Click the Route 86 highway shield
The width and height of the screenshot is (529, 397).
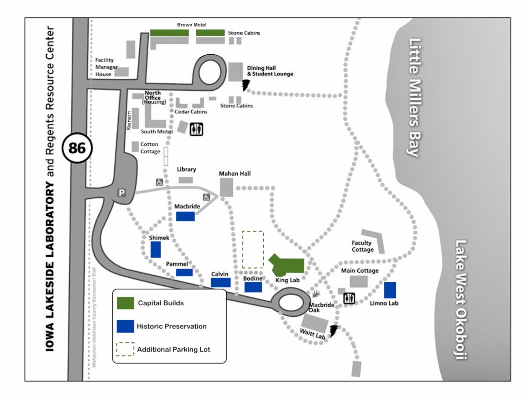(77, 148)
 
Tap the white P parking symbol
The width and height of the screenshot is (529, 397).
(122, 193)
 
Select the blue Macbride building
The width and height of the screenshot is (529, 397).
(185, 216)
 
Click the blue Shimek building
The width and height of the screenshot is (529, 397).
(156, 250)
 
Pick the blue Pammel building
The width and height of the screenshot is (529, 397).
(184, 272)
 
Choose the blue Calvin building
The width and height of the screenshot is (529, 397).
(220, 282)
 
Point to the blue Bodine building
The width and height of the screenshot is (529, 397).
(253, 287)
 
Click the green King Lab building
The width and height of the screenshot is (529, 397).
(288, 266)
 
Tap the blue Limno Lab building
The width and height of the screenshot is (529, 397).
(390, 290)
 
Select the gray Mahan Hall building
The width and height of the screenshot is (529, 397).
(227, 187)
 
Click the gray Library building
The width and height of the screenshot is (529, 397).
(186, 180)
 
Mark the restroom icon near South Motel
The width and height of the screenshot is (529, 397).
(196, 129)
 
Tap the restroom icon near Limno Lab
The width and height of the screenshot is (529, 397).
(349, 298)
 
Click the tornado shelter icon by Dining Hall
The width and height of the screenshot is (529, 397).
(246, 85)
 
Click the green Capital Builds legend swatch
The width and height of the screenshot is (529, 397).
(125, 303)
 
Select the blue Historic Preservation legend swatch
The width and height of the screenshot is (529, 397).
(125, 326)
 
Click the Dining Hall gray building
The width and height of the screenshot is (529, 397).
(235, 72)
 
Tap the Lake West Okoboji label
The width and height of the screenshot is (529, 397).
(461, 300)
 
